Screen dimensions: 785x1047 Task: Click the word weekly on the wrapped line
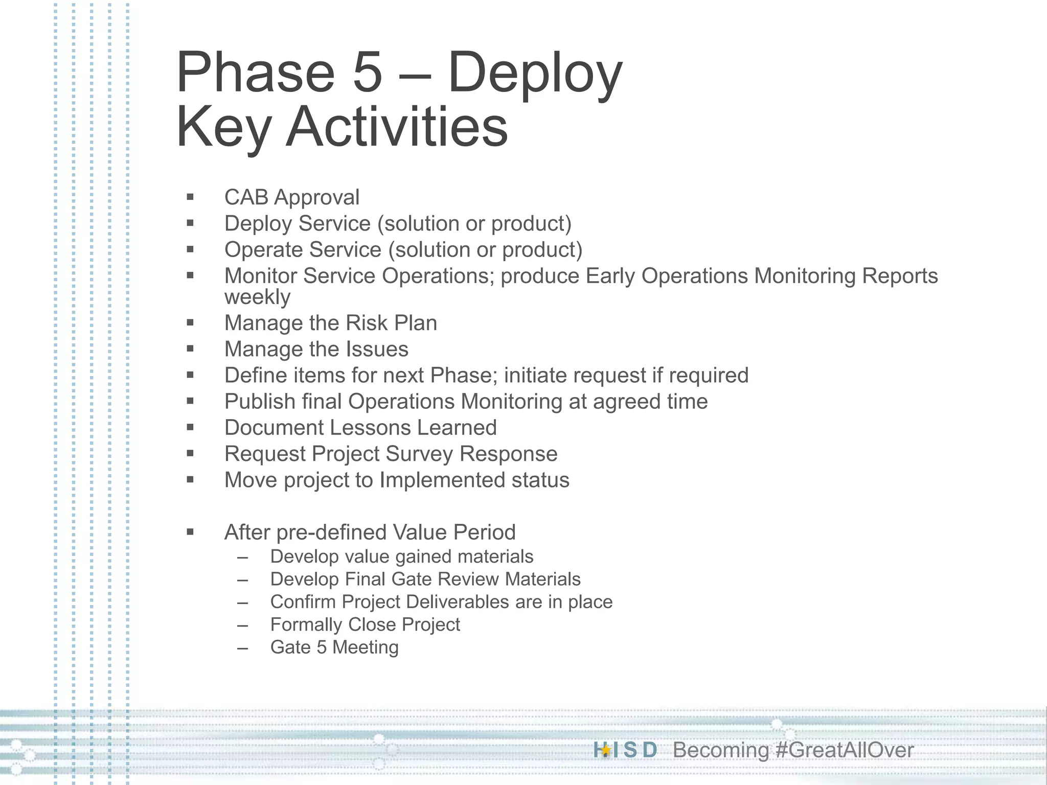[x=257, y=297]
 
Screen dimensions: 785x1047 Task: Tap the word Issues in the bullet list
[x=377, y=349]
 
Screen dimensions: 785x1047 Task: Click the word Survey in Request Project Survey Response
[x=419, y=454]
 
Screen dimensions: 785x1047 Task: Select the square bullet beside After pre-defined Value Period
[x=190, y=532]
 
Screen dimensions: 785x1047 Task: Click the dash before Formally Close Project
[x=242, y=625]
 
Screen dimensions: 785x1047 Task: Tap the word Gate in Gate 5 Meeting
[x=290, y=648]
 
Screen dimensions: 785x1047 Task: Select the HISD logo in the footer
[x=625, y=750]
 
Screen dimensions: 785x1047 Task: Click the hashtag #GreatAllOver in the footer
[x=844, y=750]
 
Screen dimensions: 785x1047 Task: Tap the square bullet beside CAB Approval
[x=190, y=197]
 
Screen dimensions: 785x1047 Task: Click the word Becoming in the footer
[x=720, y=750]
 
